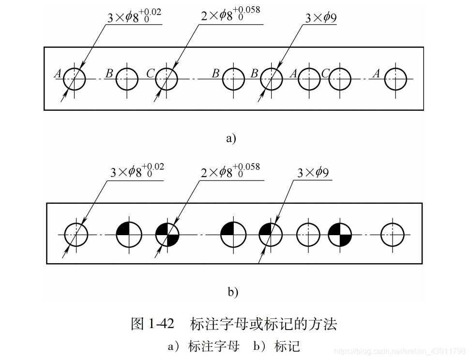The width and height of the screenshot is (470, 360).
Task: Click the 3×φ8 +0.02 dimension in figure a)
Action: click(x=134, y=17)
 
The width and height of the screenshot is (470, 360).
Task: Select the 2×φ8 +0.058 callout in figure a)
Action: click(x=230, y=15)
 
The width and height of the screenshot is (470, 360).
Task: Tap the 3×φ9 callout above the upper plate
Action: click(x=321, y=18)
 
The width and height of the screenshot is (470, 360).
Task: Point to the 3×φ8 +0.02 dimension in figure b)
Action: click(x=137, y=171)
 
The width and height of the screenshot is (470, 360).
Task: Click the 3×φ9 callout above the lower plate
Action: click(x=313, y=173)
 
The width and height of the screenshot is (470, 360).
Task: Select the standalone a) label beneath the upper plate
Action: click(x=231, y=139)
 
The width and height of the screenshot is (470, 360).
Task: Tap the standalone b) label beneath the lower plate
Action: click(x=233, y=292)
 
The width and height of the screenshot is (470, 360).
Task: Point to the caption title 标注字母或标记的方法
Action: click(x=263, y=324)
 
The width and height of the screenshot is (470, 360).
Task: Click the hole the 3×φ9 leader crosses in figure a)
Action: click(x=272, y=79)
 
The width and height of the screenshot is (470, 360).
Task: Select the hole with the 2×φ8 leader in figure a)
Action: click(x=167, y=79)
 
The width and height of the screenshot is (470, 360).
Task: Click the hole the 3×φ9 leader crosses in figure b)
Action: click(x=271, y=235)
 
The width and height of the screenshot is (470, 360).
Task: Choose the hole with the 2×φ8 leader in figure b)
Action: click(x=167, y=235)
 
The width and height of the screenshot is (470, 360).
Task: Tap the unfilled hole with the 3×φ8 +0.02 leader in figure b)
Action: click(x=76, y=235)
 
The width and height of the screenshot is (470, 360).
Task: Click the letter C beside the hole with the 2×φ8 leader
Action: click(x=150, y=74)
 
